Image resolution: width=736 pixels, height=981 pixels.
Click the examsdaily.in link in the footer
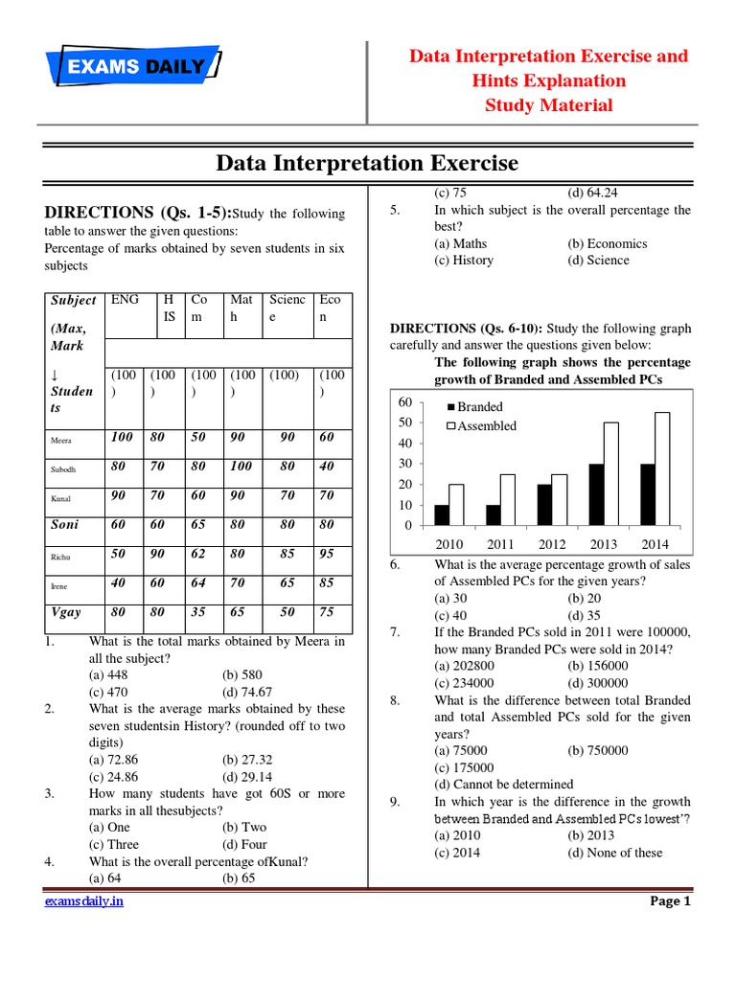(x=83, y=901)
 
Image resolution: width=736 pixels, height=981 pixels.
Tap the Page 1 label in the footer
(x=670, y=901)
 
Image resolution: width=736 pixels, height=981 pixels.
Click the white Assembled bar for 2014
(x=662, y=468)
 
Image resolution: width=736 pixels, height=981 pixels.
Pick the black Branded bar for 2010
(x=442, y=515)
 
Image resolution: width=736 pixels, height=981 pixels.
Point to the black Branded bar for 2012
(x=544, y=505)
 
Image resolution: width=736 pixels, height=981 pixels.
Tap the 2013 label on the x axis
(x=604, y=544)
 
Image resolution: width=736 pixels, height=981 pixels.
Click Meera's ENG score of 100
(x=123, y=437)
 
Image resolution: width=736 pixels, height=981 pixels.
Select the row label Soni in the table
(x=67, y=524)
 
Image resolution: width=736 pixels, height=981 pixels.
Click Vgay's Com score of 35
(x=199, y=611)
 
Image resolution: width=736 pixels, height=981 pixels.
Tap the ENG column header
(x=125, y=300)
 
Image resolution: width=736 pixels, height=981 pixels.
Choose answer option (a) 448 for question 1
(x=109, y=674)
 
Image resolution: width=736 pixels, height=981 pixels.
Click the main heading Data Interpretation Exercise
(x=367, y=163)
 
